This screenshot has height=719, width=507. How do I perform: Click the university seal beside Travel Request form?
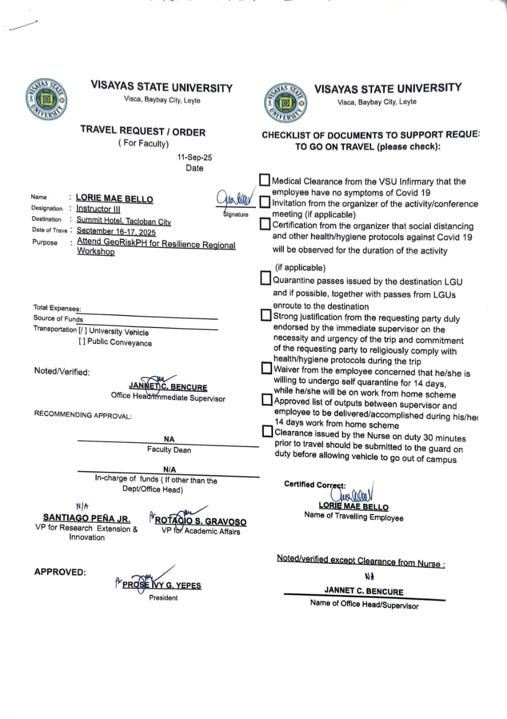pos(47,99)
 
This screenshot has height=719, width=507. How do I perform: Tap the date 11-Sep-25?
pos(194,158)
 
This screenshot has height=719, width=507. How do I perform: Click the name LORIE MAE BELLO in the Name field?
pos(114,198)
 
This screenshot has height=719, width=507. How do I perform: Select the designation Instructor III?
pos(94,209)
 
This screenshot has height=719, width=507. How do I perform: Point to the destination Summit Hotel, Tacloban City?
pos(124,221)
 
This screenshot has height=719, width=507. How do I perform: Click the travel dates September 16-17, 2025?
pos(116,231)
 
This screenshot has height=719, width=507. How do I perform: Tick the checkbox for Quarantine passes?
pos(266,279)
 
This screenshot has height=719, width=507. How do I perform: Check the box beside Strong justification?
pos(267,316)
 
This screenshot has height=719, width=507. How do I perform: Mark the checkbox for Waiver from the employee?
pos(267,369)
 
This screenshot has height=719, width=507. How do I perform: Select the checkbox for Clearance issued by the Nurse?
pos(268,431)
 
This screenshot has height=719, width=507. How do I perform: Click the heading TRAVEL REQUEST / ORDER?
pos(143,132)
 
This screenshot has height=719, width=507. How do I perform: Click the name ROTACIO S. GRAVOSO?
pos(200,522)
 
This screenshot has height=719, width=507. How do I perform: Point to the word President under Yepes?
pos(163,598)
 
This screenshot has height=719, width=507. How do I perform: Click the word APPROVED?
pos(60,572)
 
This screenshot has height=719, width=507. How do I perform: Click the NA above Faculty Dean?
pos(169,439)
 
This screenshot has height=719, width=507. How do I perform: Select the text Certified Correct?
pos(315,484)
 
